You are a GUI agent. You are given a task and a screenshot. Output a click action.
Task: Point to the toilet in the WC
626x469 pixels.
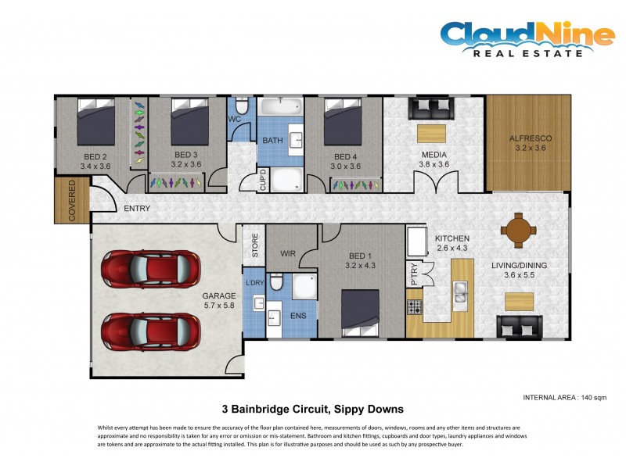click(242, 106)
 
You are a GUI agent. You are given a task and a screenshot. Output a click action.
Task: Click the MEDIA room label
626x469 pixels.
click(434, 155)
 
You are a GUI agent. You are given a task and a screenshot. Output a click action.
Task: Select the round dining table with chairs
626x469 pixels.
click(519, 230)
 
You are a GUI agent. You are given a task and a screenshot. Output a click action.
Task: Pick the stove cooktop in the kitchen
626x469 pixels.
click(414, 305)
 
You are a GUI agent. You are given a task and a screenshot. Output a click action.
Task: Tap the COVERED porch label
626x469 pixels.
click(72, 201)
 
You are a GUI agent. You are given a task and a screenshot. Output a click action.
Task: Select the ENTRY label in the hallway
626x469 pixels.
click(137, 209)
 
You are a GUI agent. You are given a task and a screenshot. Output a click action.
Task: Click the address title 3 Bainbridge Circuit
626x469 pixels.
click(313, 408)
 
